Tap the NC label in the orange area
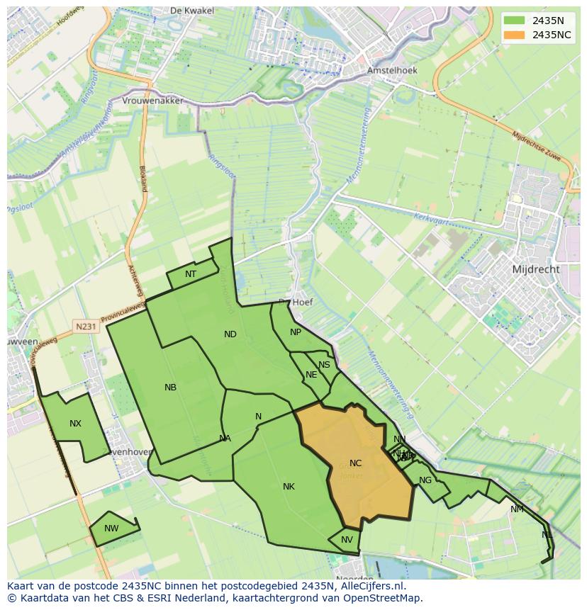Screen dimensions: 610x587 [x=355, y=463]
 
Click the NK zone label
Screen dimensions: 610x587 [x=289, y=487]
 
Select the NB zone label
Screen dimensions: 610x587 [x=170, y=388]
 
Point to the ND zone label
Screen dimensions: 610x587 [x=230, y=334]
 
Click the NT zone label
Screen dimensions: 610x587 [x=191, y=274]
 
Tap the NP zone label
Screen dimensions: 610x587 [x=296, y=332]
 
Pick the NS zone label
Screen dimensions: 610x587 [x=324, y=365]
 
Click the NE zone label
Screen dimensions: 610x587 [x=311, y=375]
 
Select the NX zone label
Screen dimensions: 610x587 [x=75, y=424]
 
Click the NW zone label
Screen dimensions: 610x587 [x=111, y=529]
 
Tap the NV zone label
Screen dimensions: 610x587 [x=347, y=540]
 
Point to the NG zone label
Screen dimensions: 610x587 [x=425, y=480]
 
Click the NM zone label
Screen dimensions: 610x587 [x=517, y=509]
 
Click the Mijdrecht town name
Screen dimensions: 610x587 [x=535, y=269]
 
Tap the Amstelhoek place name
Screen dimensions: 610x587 [x=392, y=71]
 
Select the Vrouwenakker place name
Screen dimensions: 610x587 [x=153, y=101]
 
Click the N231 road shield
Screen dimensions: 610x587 [x=86, y=327]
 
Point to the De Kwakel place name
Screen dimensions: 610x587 [x=187, y=11]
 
